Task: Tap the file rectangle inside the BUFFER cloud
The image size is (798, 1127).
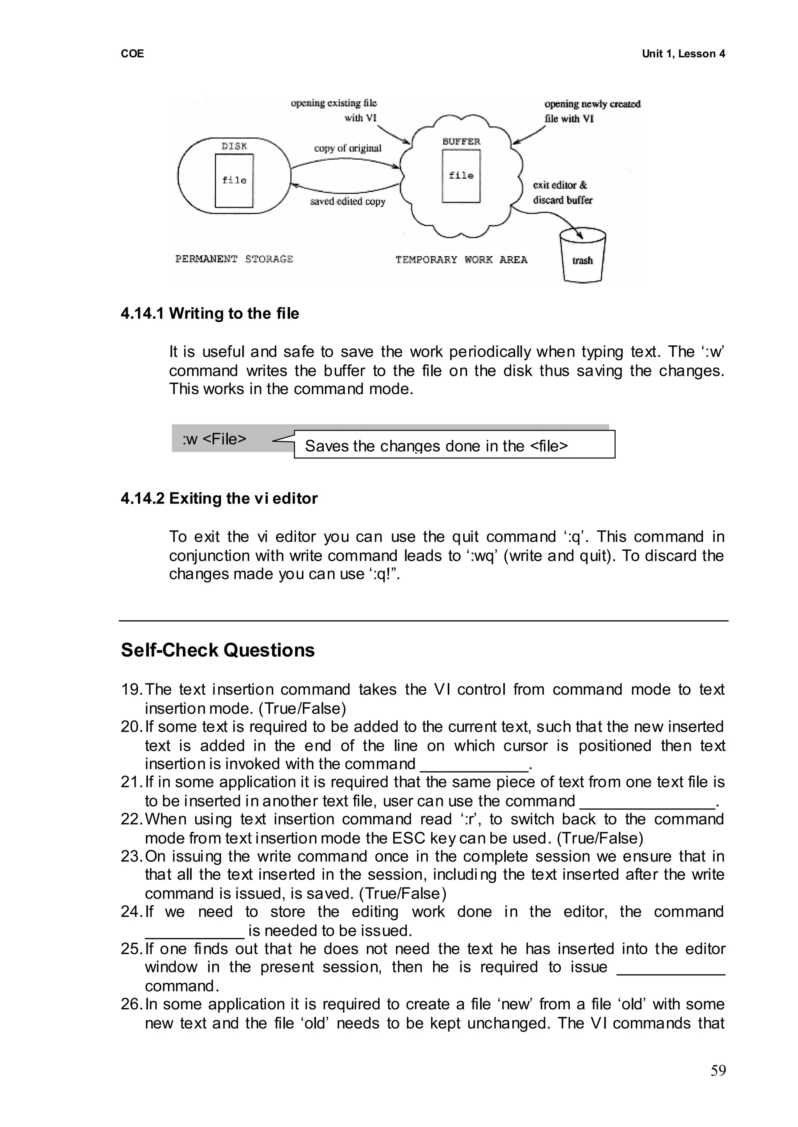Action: [x=461, y=176]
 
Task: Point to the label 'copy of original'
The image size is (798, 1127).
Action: [x=348, y=148]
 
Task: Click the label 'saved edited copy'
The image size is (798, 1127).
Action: [x=348, y=201]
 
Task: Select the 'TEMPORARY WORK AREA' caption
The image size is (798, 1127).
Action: [x=461, y=259]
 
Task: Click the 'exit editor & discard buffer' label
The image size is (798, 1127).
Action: [x=562, y=192]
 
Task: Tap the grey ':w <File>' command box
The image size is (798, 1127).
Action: [x=215, y=438]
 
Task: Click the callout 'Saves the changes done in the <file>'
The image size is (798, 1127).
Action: [x=454, y=445]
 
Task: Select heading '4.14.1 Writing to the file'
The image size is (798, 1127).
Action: [x=210, y=313]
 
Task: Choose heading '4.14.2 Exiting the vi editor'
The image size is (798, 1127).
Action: [x=219, y=498]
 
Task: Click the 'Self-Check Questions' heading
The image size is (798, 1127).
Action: [x=218, y=650]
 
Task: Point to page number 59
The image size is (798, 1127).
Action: [x=718, y=1071]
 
